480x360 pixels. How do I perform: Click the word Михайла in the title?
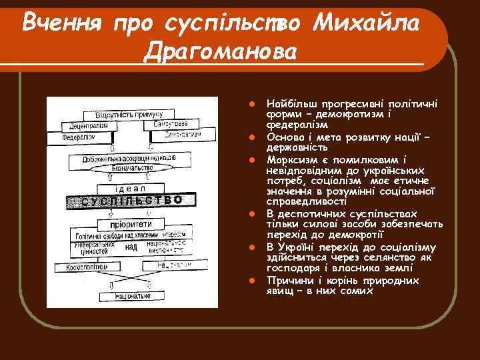pos(367,24)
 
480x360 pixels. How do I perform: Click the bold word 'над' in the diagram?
pos(132,247)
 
